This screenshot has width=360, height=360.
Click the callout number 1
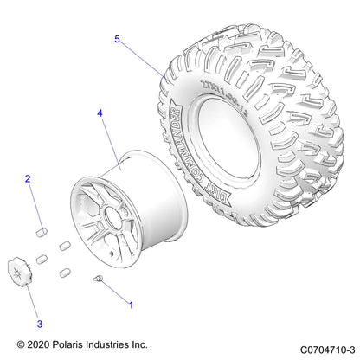coord(131,305)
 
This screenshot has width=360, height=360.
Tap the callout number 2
coord(28,179)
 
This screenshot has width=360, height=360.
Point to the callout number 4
coord(100,113)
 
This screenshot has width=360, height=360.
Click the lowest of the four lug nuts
coord(63,273)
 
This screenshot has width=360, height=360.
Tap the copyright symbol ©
coord(21,344)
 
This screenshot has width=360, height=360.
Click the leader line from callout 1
coord(115,292)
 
